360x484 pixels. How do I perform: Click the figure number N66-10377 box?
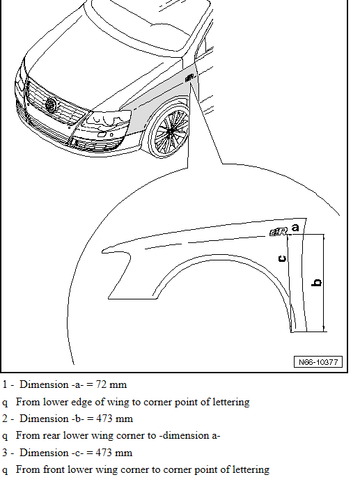318,361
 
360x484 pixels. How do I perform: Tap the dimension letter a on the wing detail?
295,228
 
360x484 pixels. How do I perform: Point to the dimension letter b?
317,283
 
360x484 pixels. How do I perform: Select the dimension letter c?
282,258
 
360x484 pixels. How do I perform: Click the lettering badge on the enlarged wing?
279,232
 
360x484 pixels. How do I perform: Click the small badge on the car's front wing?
189,78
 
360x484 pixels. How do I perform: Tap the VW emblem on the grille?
51,104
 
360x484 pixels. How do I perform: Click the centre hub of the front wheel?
170,132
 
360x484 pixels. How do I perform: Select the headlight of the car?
107,121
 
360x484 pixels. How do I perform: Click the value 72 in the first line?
101,384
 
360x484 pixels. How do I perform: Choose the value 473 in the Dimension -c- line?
104,453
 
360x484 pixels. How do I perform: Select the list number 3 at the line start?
5,453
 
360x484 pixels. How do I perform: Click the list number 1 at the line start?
5,384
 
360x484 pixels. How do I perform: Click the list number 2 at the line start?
5,419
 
